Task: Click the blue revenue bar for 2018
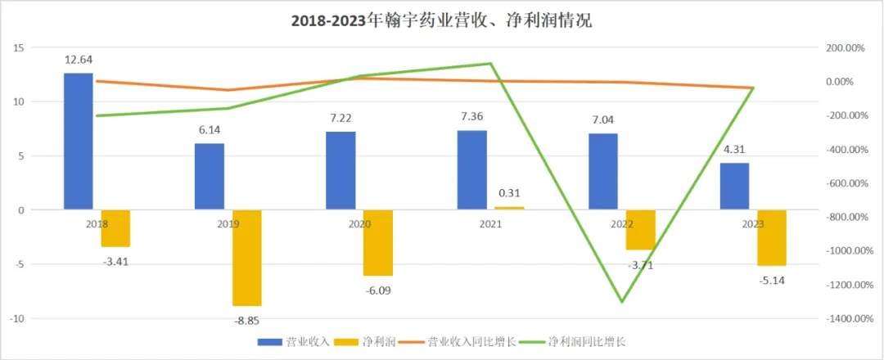click(79, 141)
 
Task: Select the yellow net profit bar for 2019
click(247, 257)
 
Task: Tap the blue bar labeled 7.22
click(341, 170)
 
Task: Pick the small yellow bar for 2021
click(509, 208)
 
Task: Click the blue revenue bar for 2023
click(734, 186)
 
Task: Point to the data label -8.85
click(247, 321)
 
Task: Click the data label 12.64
click(79, 59)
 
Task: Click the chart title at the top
click(441, 22)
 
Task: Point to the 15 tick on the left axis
click(18, 48)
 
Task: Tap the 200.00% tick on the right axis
click(842, 48)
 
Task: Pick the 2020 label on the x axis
click(360, 223)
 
